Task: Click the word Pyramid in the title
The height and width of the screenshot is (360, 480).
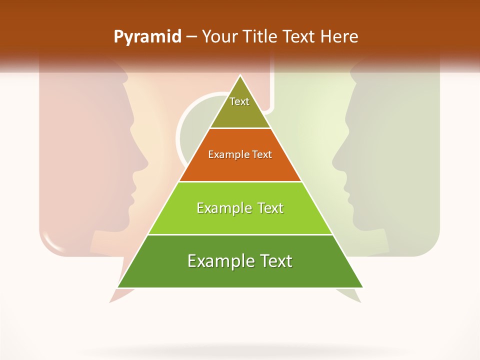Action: coord(147,37)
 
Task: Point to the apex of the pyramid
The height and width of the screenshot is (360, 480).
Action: coord(240,76)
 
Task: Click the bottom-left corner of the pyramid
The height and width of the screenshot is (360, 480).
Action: coord(118,287)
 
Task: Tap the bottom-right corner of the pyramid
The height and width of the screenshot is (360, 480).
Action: coord(362,287)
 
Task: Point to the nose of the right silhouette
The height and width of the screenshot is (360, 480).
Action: coord(333,161)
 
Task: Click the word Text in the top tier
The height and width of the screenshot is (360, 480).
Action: coord(239,101)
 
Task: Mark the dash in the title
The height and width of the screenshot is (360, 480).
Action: coord(191,37)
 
